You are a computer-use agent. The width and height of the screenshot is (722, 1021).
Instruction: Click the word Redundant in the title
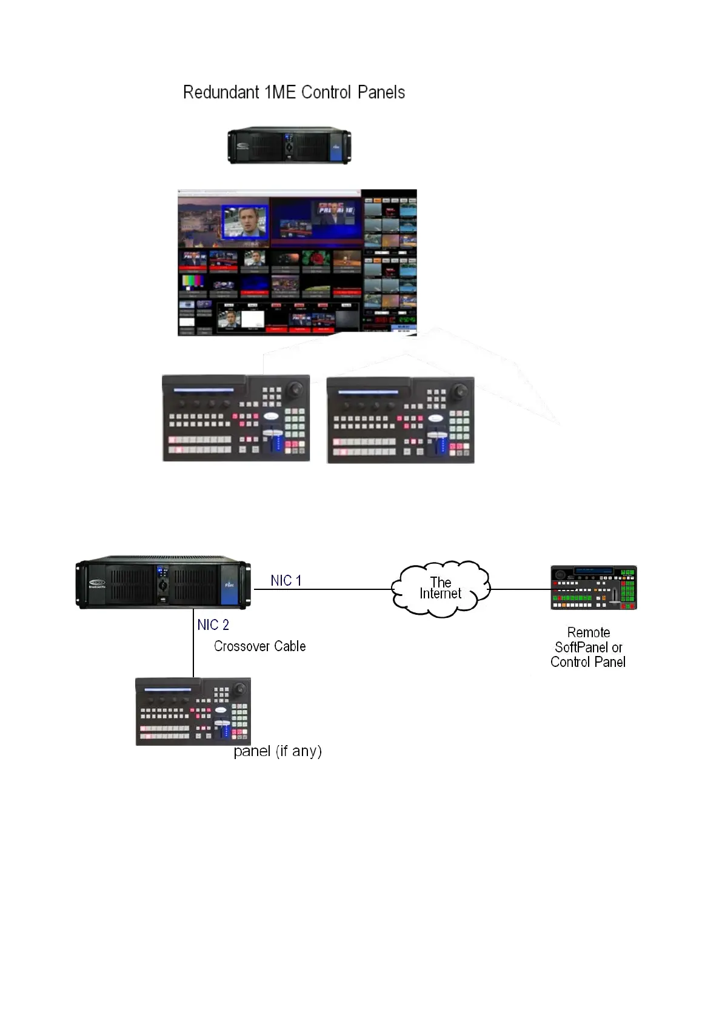click(221, 93)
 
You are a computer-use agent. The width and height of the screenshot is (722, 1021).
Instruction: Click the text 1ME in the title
click(279, 93)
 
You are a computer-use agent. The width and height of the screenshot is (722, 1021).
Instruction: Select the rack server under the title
click(290, 146)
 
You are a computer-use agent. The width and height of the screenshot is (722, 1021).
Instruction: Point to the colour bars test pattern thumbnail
click(193, 283)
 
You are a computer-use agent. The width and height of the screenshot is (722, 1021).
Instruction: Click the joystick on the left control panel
click(297, 388)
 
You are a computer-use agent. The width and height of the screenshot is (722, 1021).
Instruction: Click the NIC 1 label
click(286, 581)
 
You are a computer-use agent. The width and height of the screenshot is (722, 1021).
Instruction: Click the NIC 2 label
click(213, 625)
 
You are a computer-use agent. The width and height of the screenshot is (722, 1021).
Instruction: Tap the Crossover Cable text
click(259, 646)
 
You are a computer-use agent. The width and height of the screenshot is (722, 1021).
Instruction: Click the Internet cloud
click(440, 589)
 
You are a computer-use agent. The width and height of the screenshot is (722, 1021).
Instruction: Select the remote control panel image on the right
click(593, 587)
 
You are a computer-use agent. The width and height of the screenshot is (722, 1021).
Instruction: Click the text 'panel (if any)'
click(278, 751)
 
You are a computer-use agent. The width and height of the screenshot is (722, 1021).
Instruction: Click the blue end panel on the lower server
click(229, 585)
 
